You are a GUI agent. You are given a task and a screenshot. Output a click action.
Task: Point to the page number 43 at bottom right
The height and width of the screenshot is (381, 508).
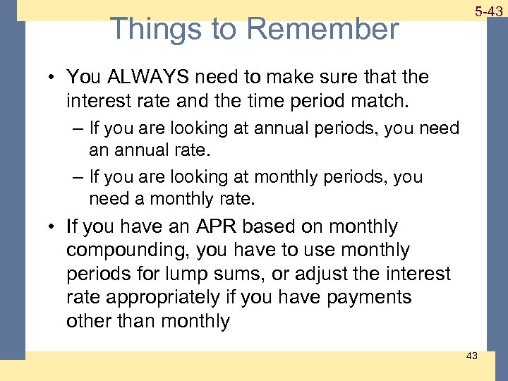click(x=471, y=356)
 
